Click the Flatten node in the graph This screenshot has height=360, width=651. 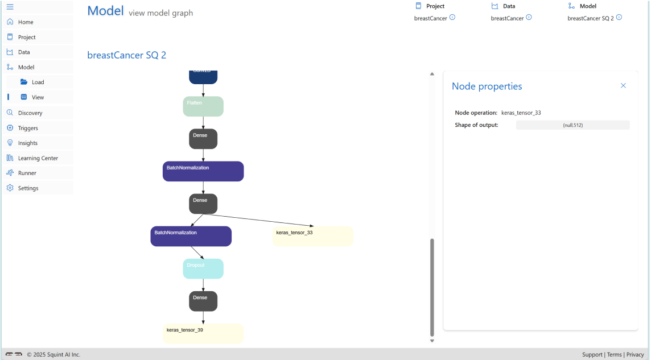click(x=203, y=106)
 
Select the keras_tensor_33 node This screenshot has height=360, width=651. click(x=313, y=236)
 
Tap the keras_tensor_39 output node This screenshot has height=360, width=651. click(x=203, y=333)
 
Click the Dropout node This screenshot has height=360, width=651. click(x=203, y=268)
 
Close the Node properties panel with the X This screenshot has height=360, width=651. click(x=623, y=86)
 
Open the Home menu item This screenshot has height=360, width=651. click(x=26, y=22)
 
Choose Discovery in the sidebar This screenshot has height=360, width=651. click(x=30, y=113)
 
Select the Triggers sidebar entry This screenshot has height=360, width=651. click(x=28, y=128)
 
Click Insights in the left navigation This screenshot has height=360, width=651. click(x=27, y=143)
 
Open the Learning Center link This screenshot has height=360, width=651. click(x=38, y=158)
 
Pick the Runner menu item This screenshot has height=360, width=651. click(x=27, y=173)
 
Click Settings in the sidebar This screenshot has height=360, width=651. click(x=28, y=188)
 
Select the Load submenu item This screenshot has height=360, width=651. click(x=38, y=82)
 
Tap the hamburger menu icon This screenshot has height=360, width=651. click(x=10, y=7)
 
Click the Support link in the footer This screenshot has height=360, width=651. click(x=592, y=354)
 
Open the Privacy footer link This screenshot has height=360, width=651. click(x=635, y=354)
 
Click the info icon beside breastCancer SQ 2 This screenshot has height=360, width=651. click(x=619, y=18)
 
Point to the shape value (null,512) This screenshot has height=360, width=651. click(x=572, y=125)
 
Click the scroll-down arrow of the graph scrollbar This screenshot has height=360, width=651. click(x=432, y=341)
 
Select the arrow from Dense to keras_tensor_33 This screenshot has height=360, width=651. click(x=259, y=221)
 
